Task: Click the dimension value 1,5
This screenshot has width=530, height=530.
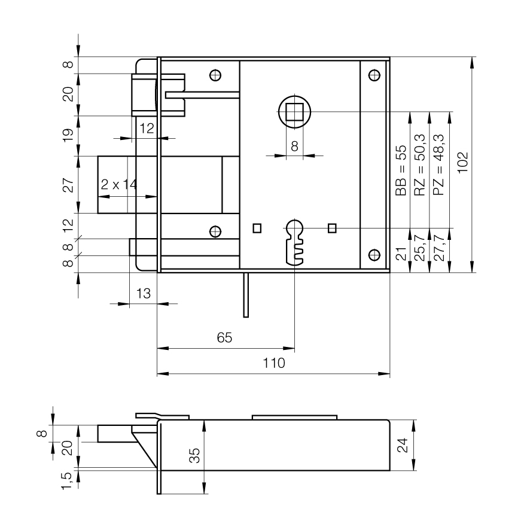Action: pos(68,479)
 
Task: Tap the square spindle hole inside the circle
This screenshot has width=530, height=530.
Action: pos(294,112)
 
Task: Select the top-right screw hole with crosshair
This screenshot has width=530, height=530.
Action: pos(374,75)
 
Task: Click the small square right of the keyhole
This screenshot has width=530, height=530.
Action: pos(333,227)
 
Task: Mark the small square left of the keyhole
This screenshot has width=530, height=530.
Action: pos(257,227)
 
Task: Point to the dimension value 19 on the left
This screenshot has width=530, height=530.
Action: pos(68,135)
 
